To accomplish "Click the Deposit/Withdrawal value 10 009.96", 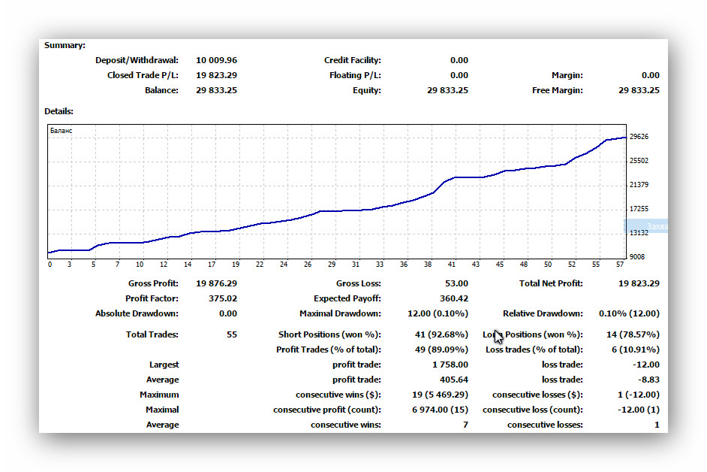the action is pos(216,60).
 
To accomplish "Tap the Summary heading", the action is pos(65,45).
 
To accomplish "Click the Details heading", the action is pos(59,111).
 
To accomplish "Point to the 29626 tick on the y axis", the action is pos(639,136).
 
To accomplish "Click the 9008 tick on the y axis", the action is pos(637,256).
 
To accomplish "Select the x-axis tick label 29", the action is pos(332,265).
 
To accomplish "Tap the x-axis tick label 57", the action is pos(620,265).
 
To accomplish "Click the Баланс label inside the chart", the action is pos(62,131).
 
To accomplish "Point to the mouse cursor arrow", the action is pos(498,337).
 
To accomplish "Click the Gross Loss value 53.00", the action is pos(456,283).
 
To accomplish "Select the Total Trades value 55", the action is pos(232,334).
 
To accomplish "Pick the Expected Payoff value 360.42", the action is pos(454,298).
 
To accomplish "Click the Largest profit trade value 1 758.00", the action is pos(450,364).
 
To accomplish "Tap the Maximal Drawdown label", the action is pos(340,313).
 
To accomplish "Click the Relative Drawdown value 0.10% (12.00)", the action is pos(629,313).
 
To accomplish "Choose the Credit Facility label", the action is pos(353,60).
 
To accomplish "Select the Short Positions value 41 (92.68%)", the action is pos(441,334).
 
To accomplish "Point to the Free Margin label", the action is pos(558,90).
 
